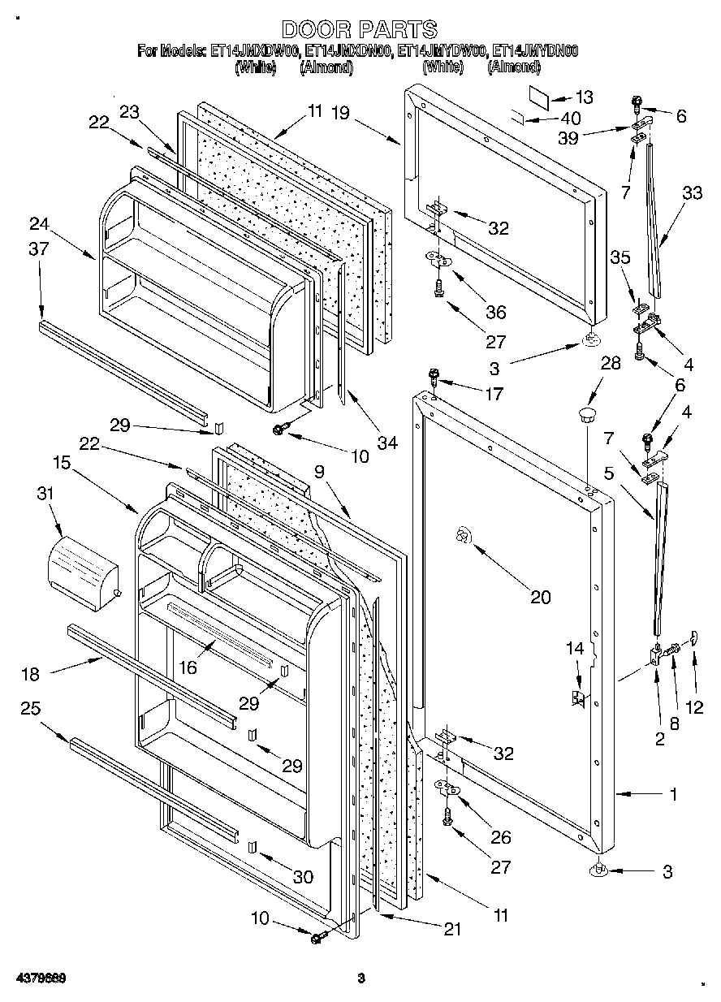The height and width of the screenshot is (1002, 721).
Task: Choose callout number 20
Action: click(x=540, y=598)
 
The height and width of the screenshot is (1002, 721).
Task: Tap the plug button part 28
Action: click(x=585, y=417)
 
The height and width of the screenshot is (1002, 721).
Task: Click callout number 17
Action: click(x=493, y=395)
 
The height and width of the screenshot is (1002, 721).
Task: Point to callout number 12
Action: click(x=694, y=707)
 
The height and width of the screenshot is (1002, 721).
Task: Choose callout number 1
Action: click(x=673, y=795)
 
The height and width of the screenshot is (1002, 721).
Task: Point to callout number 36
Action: click(x=495, y=312)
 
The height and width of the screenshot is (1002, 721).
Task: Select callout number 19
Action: click(x=340, y=114)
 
